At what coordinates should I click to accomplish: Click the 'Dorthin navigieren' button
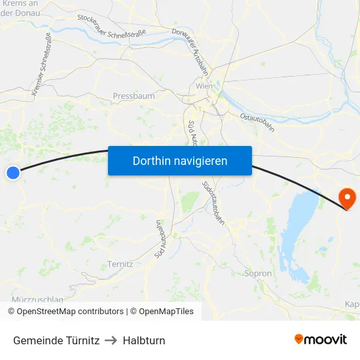[179, 160]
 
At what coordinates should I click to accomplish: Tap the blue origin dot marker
[13, 173]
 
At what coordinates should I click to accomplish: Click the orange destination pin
[346, 198]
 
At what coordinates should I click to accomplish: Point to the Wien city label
[204, 86]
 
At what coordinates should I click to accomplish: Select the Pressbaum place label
[134, 96]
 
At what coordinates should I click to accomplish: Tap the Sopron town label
[257, 274]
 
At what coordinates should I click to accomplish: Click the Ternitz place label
[120, 264]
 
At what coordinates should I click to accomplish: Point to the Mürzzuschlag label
[37, 300]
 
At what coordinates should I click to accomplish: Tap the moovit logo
[321, 340]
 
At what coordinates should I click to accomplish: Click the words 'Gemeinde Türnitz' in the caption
[56, 340]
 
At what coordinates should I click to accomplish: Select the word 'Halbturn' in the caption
[144, 340]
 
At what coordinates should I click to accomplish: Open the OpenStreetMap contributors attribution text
[65, 312]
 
